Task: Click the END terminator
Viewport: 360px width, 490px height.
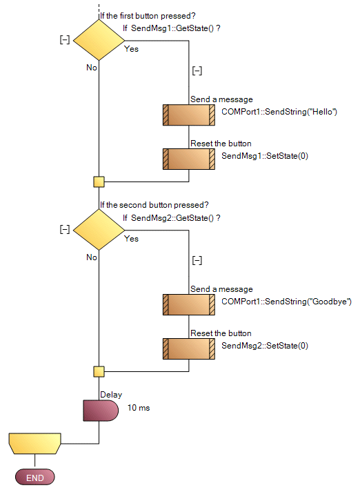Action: point(34,478)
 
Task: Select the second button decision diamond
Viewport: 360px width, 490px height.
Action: point(99,231)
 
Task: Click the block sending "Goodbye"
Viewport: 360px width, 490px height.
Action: point(188,304)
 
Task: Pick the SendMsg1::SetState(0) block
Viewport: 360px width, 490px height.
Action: point(188,159)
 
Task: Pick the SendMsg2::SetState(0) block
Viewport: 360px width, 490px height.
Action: point(188,349)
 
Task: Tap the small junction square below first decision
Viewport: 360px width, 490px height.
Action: point(99,182)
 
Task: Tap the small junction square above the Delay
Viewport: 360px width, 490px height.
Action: point(99,371)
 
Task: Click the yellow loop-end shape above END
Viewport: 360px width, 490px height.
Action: point(34,442)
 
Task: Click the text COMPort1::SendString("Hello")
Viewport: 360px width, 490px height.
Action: point(279,112)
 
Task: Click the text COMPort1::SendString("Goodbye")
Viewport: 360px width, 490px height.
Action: point(286,302)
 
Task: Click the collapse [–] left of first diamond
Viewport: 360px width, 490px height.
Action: point(65,40)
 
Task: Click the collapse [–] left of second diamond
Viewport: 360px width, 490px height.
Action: point(65,229)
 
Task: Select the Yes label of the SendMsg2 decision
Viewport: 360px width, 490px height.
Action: point(131,239)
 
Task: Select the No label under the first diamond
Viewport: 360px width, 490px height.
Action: point(92,68)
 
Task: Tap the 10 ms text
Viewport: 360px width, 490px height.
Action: point(139,408)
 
